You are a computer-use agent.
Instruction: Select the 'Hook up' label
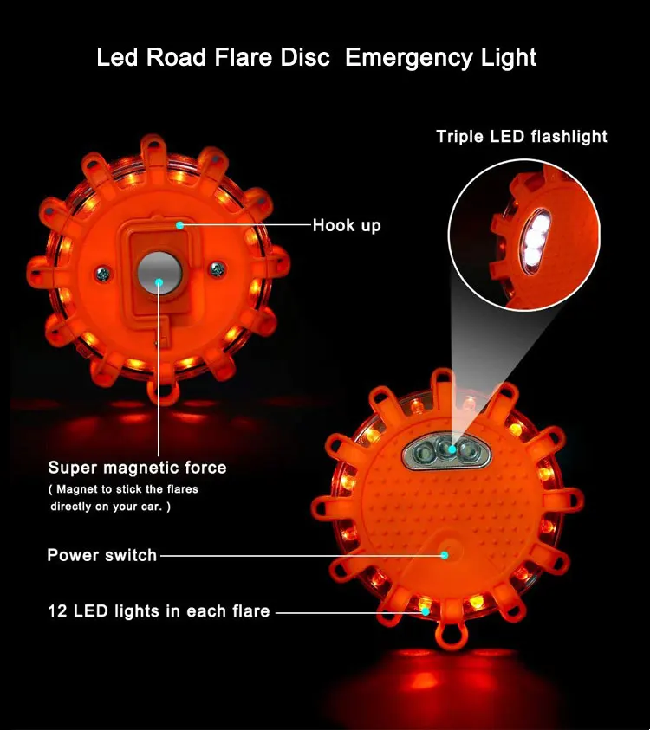[346, 225]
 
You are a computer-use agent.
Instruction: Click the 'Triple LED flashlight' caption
[522, 136]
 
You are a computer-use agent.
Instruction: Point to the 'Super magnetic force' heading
[137, 468]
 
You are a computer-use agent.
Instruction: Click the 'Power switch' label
[101, 555]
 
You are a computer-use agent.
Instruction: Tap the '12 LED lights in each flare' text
[159, 611]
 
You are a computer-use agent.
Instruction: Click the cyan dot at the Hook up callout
[179, 225]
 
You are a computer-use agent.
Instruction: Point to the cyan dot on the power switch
[444, 554]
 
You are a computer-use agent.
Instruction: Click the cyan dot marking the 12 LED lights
[426, 610]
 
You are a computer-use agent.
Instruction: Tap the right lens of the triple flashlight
[469, 450]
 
